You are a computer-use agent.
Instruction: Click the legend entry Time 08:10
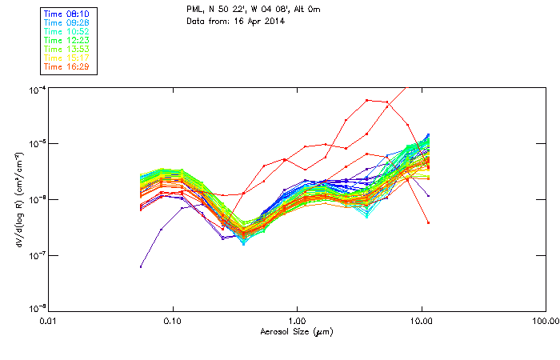click(66, 14)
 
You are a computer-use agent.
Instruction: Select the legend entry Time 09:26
click(66, 22)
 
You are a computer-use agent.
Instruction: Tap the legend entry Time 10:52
click(66, 31)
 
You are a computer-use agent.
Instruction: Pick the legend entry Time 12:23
click(66, 40)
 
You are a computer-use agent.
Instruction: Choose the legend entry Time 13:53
click(66, 49)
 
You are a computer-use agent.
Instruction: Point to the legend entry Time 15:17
click(66, 58)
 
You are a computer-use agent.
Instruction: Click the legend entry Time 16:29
click(66, 66)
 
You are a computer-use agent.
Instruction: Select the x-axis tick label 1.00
click(297, 321)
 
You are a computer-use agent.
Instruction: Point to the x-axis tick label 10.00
click(421, 321)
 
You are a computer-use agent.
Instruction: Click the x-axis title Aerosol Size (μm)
click(296, 331)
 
